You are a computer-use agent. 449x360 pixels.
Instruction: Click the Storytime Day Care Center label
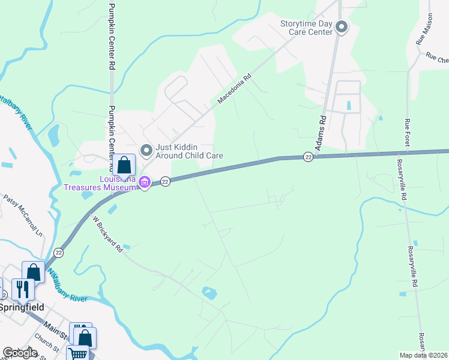pos(306,28)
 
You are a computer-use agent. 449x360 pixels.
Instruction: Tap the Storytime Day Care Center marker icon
pos(342,27)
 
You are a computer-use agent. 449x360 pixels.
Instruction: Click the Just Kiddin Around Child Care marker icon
pos(145,149)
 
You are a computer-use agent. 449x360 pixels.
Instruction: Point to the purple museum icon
pos(144,181)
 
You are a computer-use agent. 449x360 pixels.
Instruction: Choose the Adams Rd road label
pos(323,128)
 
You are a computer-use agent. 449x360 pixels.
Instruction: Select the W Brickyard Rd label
pos(108,234)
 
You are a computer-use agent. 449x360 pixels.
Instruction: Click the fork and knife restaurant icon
pos(22,289)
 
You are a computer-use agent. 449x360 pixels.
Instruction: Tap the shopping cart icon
pos(77,353)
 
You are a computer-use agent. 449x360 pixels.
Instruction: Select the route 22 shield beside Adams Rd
pos(308,157)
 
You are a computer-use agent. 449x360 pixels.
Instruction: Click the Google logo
pos(20,353)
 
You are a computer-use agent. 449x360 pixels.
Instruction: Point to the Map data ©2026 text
pos(424,355)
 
